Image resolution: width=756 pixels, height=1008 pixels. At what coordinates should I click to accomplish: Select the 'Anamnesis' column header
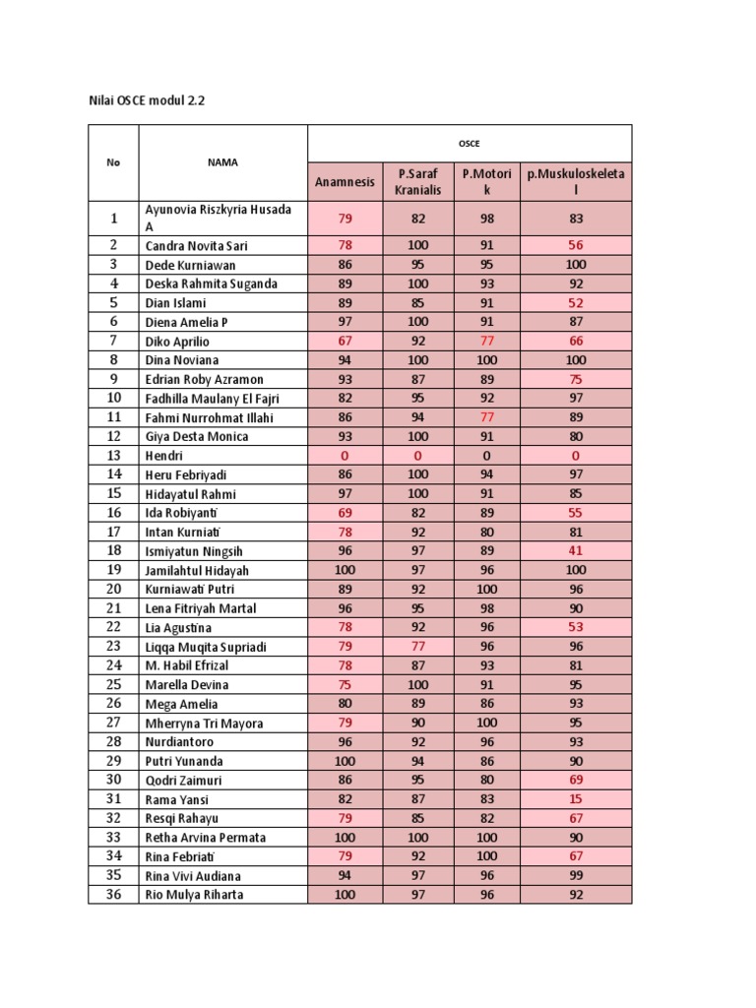[x=345, y=181]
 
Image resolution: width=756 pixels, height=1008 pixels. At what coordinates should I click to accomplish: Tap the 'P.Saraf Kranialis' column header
[x=417, y=181]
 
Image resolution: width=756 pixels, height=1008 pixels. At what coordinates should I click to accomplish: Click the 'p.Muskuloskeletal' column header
[x=576, y=181]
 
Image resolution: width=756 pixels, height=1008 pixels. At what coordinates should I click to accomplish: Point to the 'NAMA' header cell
[x=222, y=162]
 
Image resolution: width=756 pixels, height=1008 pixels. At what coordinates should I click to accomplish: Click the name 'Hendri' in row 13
[x=164, y=456]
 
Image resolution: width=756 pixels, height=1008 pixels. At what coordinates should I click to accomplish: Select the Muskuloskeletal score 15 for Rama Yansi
[x=576, y=799]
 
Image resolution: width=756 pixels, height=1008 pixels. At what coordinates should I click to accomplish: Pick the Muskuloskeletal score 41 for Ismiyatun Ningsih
[x=576, y=551]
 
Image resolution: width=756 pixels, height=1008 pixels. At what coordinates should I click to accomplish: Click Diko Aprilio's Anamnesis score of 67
[x=345, y=341]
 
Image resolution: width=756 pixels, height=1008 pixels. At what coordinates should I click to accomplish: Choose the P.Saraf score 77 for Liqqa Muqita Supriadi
[x=417, y=647]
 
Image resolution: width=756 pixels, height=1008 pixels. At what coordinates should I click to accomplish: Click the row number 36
[x=113, y=895]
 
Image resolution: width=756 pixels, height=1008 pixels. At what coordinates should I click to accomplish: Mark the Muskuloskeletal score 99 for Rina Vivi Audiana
[x=576, y=876]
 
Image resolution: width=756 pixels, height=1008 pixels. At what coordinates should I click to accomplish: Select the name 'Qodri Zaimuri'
[x=185, y=781]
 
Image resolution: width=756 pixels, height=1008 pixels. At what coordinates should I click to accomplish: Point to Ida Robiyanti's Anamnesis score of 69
[x=345, y=513]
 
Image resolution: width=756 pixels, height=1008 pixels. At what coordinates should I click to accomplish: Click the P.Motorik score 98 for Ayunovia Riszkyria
[x=487, y=217]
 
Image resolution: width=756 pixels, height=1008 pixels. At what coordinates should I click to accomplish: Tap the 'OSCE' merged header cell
[x=470, y=142]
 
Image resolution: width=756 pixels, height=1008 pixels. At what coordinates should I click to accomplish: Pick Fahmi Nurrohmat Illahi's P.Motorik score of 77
[x=487, y=417]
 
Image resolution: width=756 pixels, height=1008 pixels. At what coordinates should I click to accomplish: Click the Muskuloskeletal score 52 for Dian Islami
[x=576, y=303]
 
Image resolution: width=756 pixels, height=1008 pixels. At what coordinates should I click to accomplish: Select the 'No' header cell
[x=113, y=162]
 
